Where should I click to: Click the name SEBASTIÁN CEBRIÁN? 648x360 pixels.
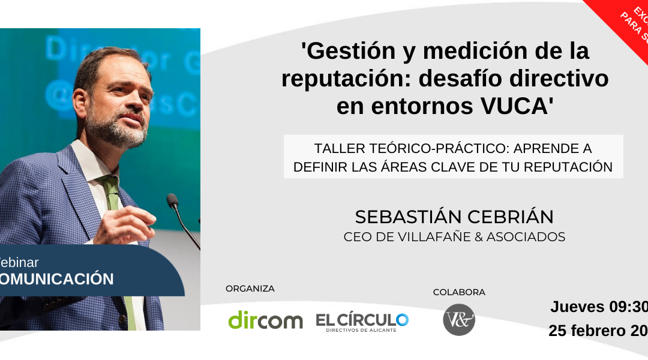[x=454, y=217]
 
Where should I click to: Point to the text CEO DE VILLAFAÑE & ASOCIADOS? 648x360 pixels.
[x=454, y=237]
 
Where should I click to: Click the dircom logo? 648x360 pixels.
[x=265, y=320]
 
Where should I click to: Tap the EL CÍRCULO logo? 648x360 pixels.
[x=362, y=321]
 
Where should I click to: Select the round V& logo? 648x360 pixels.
[x=459, y=320]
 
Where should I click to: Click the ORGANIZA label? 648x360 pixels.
[x=250, y=289]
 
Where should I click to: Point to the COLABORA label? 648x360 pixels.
[x=459, y=292]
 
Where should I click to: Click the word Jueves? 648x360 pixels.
[x=577, y=307]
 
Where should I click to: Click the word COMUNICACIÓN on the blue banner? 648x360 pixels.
[x=57, y=279]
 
